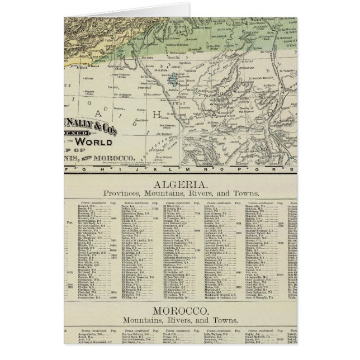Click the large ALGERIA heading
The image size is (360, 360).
tap(180, 184)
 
